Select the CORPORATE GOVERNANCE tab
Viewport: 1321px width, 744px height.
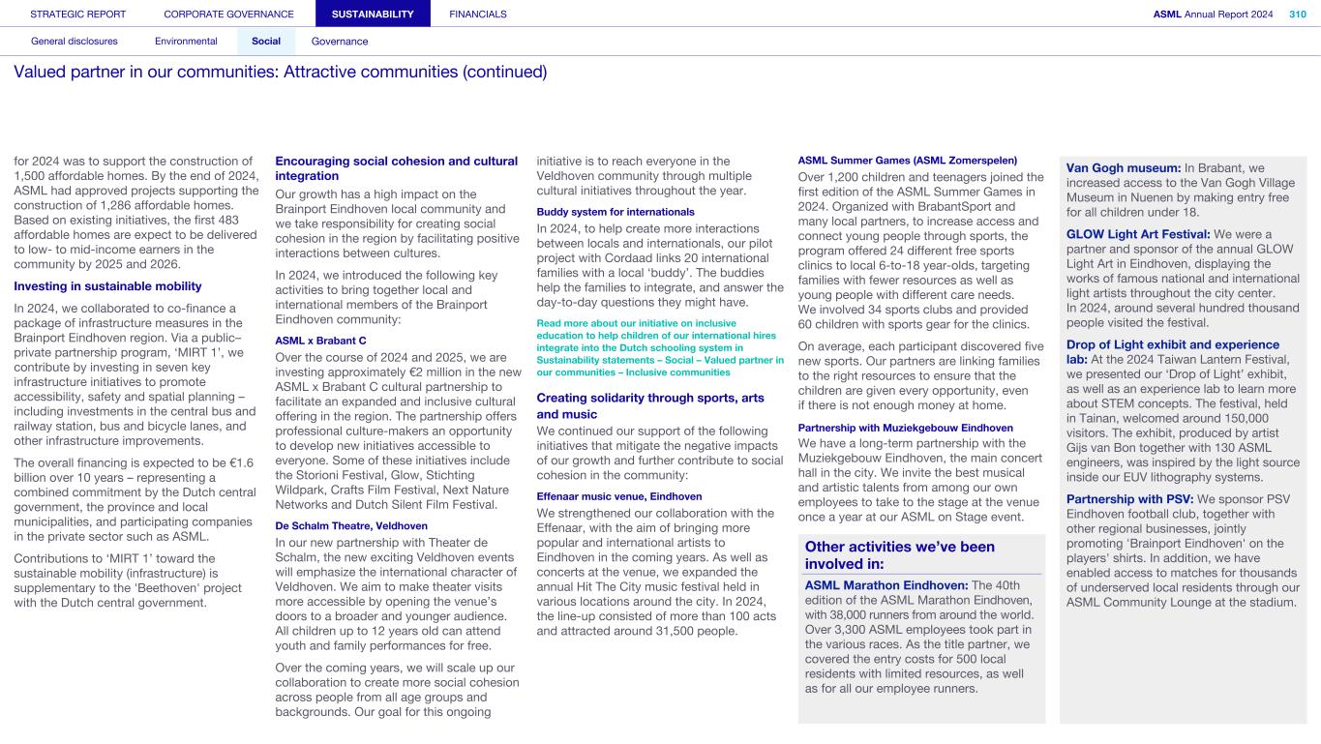[228, 15]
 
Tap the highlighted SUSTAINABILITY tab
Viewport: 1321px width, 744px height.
[373, 15]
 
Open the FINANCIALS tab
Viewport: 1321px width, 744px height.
[478, 15]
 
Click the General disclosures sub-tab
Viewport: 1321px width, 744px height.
[75, 42]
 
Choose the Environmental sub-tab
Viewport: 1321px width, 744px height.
[186, 42]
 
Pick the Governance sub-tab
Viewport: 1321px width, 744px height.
[340, 42]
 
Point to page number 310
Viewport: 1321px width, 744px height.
[1297, 15]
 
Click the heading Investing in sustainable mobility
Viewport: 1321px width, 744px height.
[107, 285]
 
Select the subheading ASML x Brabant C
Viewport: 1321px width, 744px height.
[321, 341]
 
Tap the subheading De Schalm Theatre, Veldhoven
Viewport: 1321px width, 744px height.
[351, 525]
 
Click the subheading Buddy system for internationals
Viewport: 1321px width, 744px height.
[615, 211]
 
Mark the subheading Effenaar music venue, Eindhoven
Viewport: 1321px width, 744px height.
[619, 495]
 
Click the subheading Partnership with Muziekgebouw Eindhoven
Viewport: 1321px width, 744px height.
[905, 428]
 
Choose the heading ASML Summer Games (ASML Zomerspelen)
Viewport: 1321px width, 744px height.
[907, 160]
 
